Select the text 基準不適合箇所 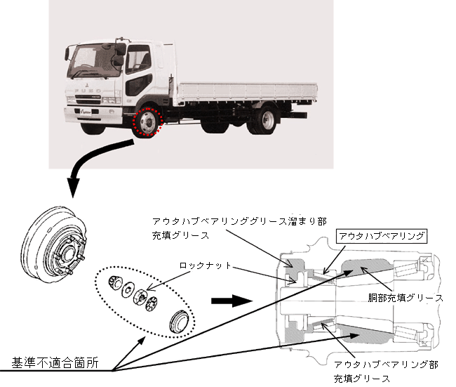[55, 363]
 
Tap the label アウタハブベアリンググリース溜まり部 [239, 221]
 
